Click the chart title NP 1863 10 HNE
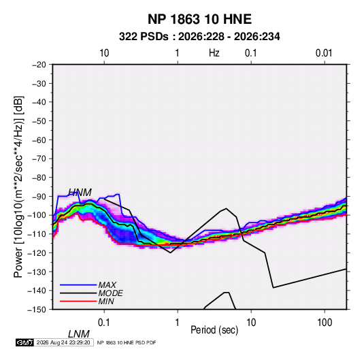click(x=199, y=19)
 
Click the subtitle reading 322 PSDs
click(x=144, y=37)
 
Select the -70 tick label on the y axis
click(x=39, y=159)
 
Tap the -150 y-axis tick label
click(x=37, y=310)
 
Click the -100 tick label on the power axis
click(x=37, y=215)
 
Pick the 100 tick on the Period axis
click(x=325, y=323)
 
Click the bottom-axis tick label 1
click(x=178, y=323)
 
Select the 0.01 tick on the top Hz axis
click(x=324, y=53)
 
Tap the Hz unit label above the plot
click(x=214, y=53)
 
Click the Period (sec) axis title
click(x=214, y=330)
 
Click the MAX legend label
click(x=107, y=285)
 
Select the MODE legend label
click(x=110, y=293)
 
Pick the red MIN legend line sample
click(x=78, y=301)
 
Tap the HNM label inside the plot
click(x=80, y=193)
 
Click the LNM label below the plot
click(x=79, y=334)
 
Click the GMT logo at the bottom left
click(x=24, y=342)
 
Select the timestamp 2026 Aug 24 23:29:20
click(x=63, y=342)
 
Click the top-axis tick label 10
click(x=104, y=53)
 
